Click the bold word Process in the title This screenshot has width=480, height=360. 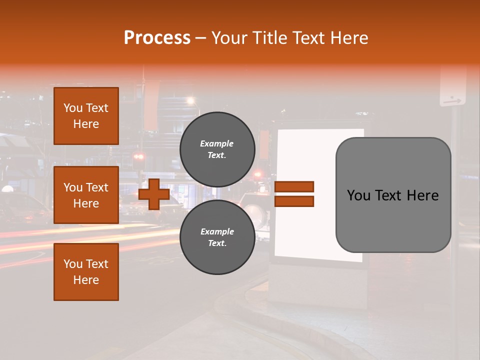tap(157, 38)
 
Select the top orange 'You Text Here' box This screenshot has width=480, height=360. tap(86, 116)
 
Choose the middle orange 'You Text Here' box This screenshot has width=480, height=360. tap(86, 195)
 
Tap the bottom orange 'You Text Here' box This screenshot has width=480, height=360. tap(86, 272)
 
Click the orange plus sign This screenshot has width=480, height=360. tap(154, 194)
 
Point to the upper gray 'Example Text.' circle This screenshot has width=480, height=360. tap(217, 149)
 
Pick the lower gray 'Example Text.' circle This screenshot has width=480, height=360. tap(217, 237)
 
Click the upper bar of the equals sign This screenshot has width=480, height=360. tap(294, 186)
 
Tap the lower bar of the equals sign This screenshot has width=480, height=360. tap(294, 201)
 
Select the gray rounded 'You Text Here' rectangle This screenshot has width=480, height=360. tap(393, 195)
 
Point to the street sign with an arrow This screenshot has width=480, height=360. tap(452, 90)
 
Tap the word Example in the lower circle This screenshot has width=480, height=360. tap(217, 231)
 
